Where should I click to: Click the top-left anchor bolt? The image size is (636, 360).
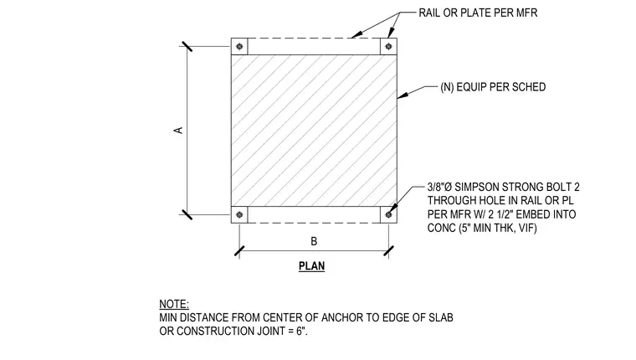click(x=239, y=46)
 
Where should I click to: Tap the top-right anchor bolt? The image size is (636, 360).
click(x=388, y=46)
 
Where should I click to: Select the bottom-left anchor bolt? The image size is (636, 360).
click(x=239, y=214)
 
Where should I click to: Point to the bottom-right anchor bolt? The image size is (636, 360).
click(x=388, y=214)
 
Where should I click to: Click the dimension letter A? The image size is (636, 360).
click(x=178, y=131)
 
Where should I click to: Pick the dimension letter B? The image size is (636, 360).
click(x=314, y=241)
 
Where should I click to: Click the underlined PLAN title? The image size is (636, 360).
click(x=311, y=266)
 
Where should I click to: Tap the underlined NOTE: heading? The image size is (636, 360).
click(x=174, y=304)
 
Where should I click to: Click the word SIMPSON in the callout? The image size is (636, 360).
click(x=477, y=187)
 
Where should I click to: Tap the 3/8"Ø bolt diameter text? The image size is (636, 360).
click(x=439, y=187)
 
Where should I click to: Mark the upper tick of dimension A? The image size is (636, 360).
click(x=187, y=46)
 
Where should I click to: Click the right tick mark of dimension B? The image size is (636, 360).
click(x=388, y=251)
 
